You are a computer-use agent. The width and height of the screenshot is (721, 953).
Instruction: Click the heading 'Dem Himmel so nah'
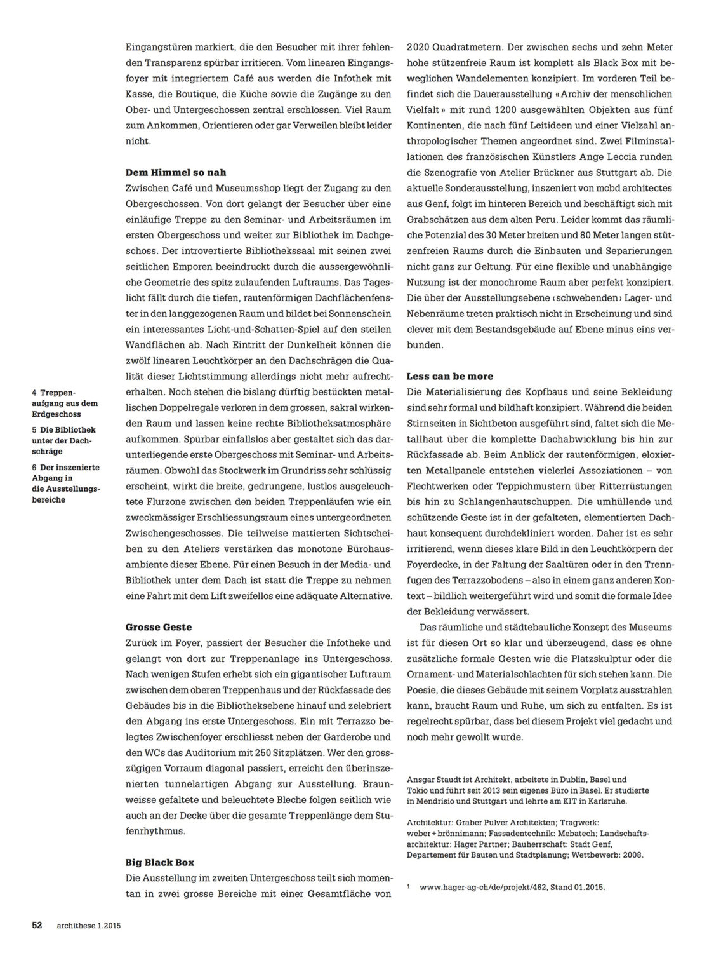tap(176, 172)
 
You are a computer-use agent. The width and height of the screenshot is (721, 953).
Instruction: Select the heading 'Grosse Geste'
tap(158, 627)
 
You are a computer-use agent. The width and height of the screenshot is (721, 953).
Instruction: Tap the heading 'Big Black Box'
tap(160, 863)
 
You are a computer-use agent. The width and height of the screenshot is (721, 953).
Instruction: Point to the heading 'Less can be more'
tap(450, 376)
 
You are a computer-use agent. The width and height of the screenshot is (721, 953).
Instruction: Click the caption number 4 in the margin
tap(34, 393)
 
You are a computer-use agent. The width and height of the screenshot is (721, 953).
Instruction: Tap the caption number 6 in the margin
tap(34, 467)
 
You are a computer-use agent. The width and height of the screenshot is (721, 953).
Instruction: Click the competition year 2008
tap(632, 855)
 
